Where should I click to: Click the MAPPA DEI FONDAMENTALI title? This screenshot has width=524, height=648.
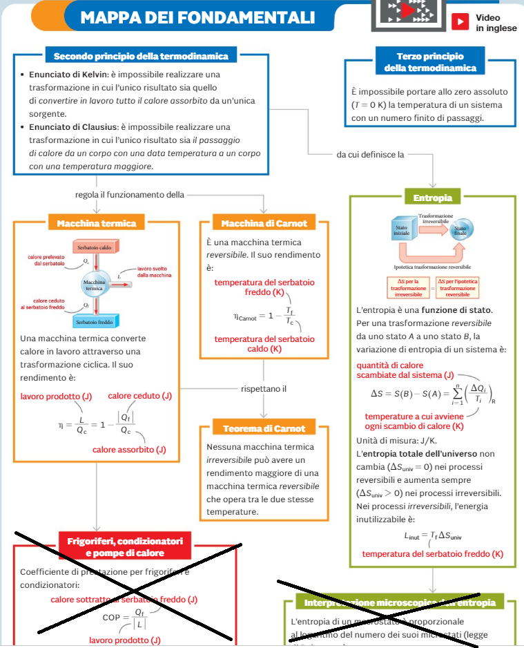pyautogui.click(x=197, y=17)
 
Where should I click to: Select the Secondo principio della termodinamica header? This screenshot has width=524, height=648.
pyautogui.click(x=141, y=56)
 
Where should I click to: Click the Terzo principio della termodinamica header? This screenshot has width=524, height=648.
pyautogui.click(x=430, y=62)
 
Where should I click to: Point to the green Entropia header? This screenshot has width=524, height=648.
pyautogui.click(x=433, y=198)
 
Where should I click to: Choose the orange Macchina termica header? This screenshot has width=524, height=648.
pyautogui.click(x=97, y=223)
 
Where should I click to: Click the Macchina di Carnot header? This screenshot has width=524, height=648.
pyautogui.click(x=264, y=223)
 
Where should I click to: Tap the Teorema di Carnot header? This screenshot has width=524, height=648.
pyautogui.click(x=264, y=428)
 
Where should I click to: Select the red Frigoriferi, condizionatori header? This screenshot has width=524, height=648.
pyautogui.click(x=125, y=546)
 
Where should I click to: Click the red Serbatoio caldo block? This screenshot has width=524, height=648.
pyautogui.click(x=96, y=247)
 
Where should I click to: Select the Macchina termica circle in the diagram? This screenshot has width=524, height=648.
pyautogui.click(x=94, y=285)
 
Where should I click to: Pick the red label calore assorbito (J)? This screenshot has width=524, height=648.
pyautogui.click(x=129, y=450)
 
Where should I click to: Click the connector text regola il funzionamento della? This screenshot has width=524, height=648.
pyautogui.click(x=130, y=195)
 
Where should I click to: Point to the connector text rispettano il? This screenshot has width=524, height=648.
pyautogui.click(x=264, y=389)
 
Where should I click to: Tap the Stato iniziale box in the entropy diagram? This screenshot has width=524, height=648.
pyautogui.click(x=402, y=231)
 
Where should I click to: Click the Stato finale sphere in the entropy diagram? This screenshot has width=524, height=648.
pyautogui.click(x=460, y=231)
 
